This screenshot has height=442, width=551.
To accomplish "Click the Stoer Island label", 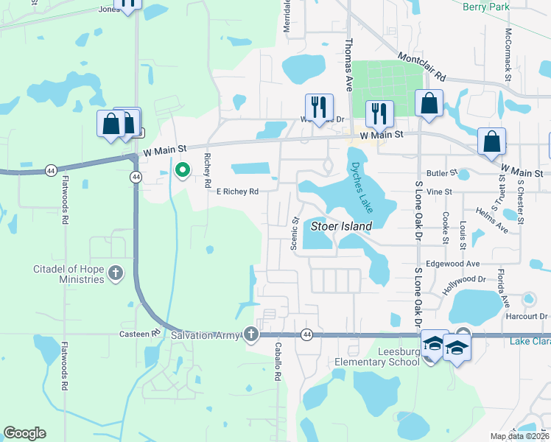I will (342, 226).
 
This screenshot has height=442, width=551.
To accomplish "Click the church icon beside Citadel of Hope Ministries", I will (115, 274).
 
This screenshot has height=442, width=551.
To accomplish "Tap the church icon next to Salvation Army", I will (252, 335).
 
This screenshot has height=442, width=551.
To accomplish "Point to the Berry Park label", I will (486, 7).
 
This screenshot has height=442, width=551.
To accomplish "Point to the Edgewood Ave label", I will (453, 264).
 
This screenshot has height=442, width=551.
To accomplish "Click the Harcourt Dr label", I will (528, 317).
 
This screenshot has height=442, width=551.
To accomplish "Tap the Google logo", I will (25, 433).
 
